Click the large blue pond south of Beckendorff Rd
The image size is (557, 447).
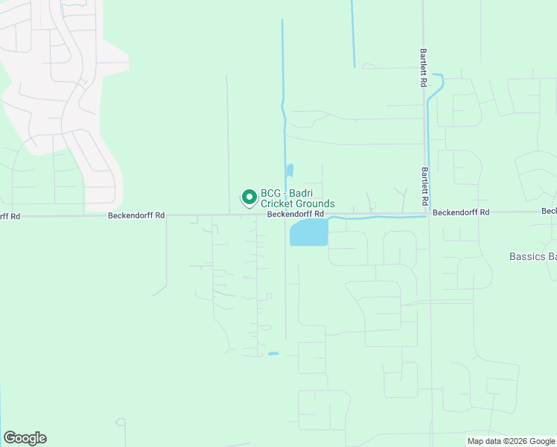point(308,233)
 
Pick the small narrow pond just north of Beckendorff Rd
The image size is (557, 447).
point(290,171)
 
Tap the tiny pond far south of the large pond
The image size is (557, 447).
point(273,353)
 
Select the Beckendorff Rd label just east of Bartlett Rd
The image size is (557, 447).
point(461,212)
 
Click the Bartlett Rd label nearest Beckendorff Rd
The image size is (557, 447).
point(424,186)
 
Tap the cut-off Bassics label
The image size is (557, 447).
point(532,256)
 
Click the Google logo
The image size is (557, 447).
point(25,438)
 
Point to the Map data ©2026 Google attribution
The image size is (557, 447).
point(510,441)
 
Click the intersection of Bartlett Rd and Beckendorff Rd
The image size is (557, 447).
point(428,213)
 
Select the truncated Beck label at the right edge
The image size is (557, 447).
point(549,212)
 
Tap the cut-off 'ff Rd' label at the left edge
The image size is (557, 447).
point(10,216)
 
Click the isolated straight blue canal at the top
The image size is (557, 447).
point(353,34)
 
